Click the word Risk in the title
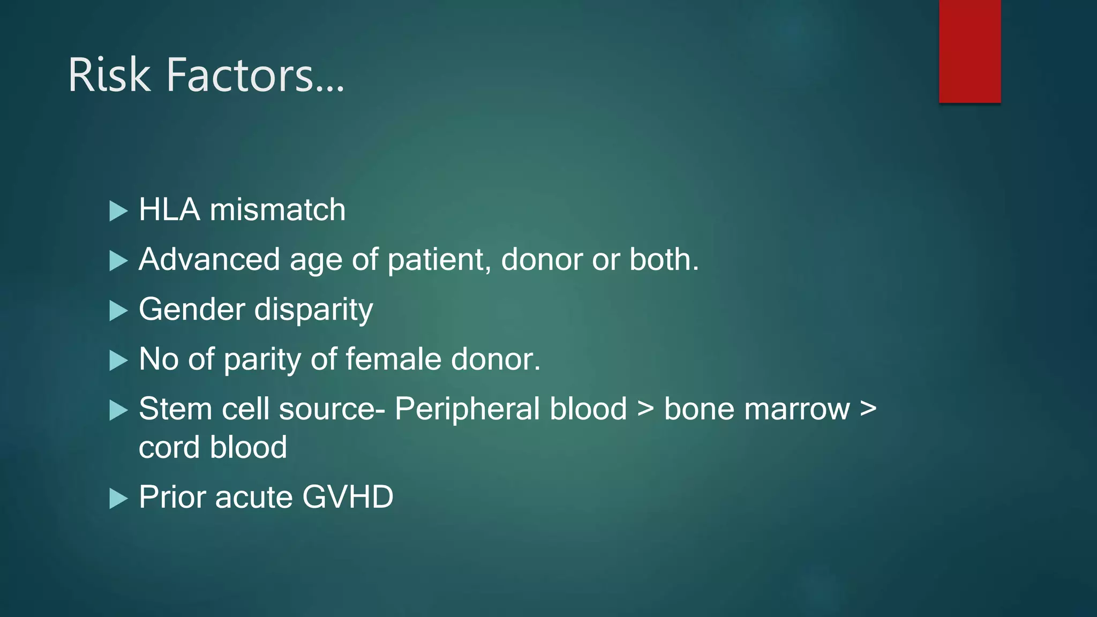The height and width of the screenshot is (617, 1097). coord(109,76)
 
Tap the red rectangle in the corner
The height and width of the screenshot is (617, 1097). coord(970,51)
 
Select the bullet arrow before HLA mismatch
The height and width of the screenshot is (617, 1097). coord(118,211)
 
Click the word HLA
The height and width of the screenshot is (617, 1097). coord(169,209)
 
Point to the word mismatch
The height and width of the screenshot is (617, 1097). coord(277,209)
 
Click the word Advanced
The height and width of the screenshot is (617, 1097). coord(209,260)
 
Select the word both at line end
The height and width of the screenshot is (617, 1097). coord(663,260)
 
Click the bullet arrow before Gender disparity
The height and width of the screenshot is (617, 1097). coord(118,311)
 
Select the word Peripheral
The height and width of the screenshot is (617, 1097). coord(510,410)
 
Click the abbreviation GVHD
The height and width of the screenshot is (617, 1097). coord(348,497)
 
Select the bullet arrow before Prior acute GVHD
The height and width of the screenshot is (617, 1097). coord(118,499)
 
